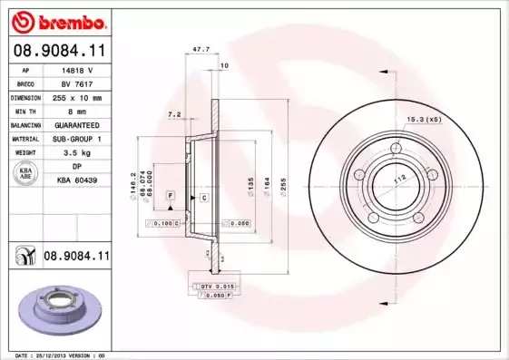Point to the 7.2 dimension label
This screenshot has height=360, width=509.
point(175,115)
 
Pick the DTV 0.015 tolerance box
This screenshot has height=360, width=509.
point(212,287)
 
